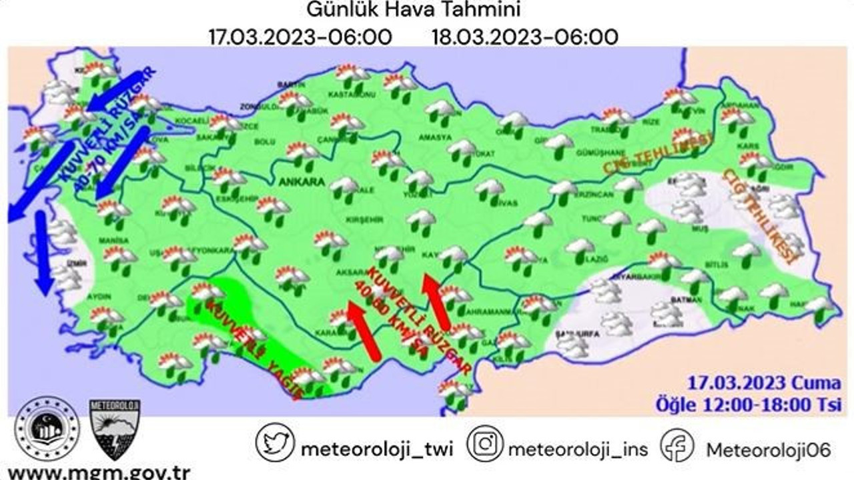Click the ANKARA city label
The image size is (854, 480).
302,181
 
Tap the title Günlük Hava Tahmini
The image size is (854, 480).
413,11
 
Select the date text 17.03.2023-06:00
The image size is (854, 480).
300,37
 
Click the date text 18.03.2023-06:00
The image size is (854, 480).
524,37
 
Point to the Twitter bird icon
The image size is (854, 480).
275,443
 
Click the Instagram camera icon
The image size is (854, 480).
484,443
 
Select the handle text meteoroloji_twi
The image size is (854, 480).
377,449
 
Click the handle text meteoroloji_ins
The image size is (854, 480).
578,449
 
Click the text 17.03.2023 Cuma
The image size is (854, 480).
765,383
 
